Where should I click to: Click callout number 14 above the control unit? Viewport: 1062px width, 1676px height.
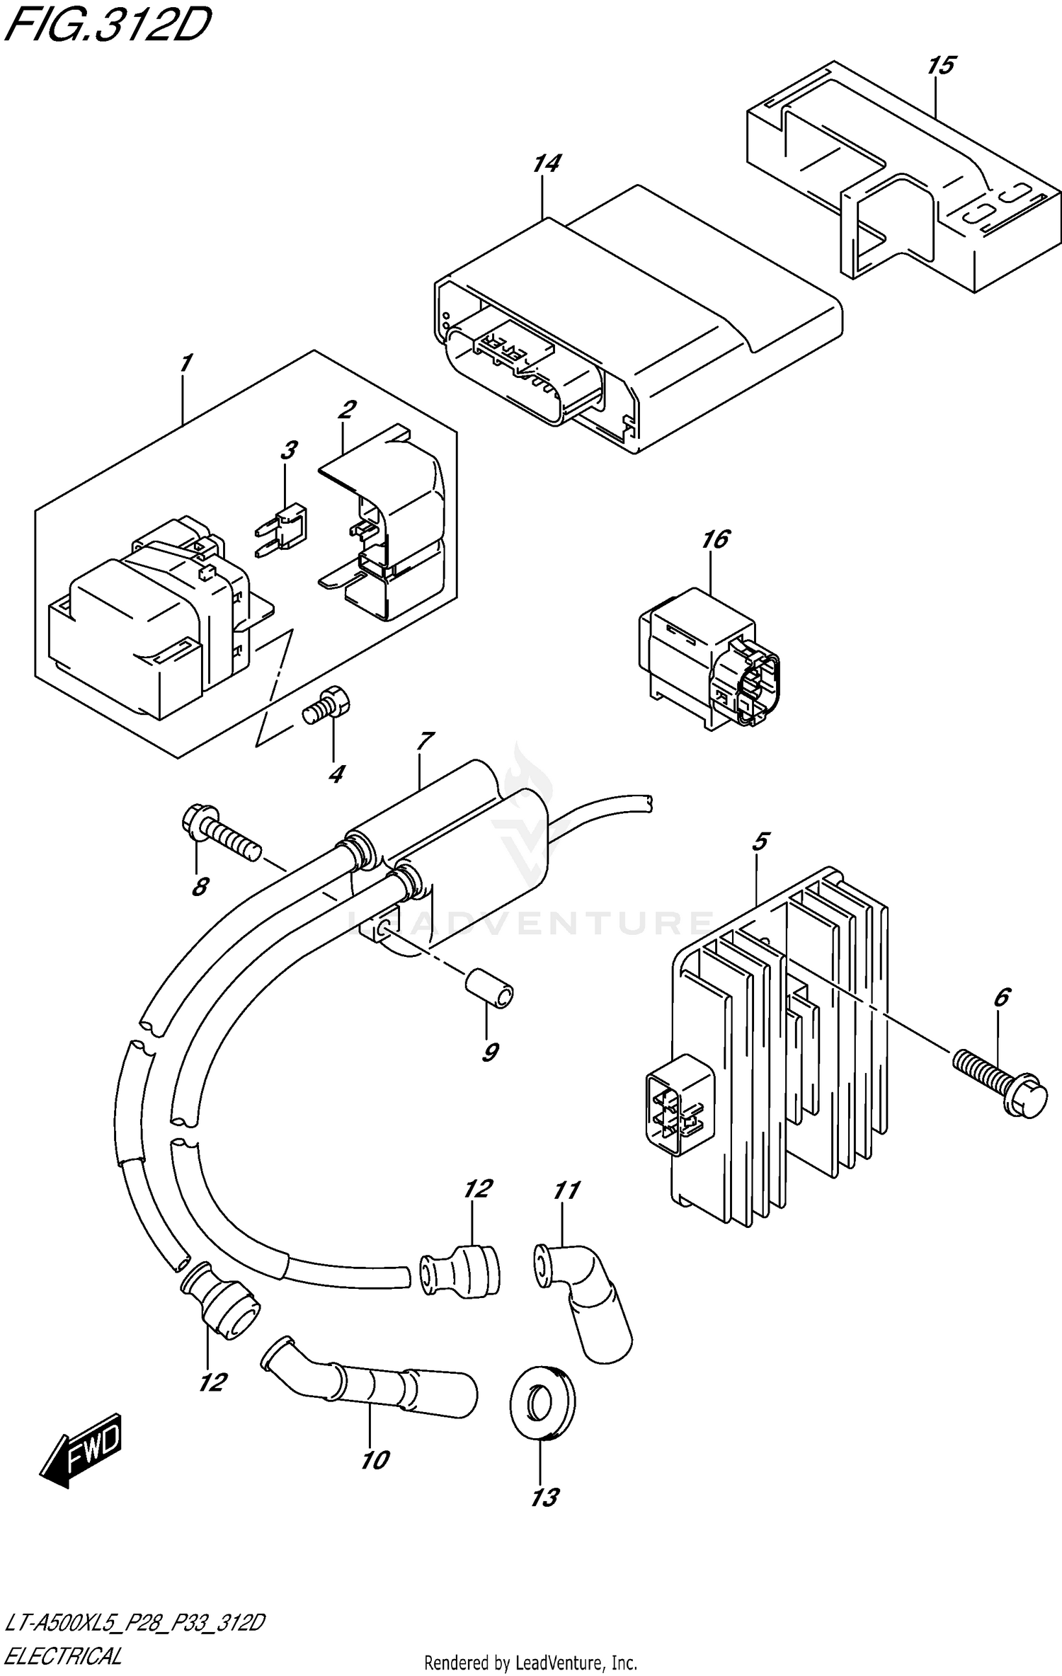pyautogui.click(x=546, y=163)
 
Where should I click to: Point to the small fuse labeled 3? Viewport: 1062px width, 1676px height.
pyautogui.click(x=286, y=527)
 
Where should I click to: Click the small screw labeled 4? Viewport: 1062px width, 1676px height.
pyautogui.click(x=326, y=707)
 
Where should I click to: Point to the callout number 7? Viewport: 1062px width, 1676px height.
pyautogui.click(x=424, y=742)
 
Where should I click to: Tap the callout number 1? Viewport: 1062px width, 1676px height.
pyautogui.click(x=185, y=364)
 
